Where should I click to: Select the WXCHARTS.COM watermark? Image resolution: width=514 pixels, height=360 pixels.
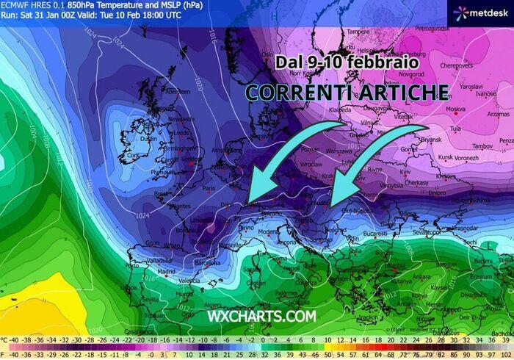[x=261, y=316]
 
